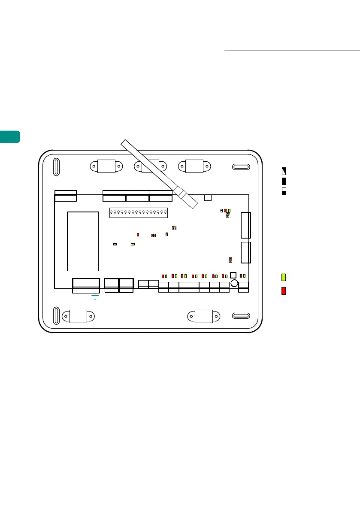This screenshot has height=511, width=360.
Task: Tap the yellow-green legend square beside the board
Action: (284, 277)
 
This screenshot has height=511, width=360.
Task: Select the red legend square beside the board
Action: (284, 291)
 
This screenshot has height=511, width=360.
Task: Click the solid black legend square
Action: (284, 181)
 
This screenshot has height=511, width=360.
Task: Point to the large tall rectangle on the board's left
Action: (83, 241)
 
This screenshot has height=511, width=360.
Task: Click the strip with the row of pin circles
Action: (138, 213)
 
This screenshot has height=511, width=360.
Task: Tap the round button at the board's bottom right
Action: (234, 284)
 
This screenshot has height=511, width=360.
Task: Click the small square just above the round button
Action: (233, 275)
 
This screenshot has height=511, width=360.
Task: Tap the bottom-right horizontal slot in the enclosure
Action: (240, 316)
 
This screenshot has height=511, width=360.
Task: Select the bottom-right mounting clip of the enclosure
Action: (203, 316)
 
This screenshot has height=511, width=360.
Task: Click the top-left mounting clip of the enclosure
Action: (106, 166)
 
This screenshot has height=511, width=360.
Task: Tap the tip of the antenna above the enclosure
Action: (124, 142)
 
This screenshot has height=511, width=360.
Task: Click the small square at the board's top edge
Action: (208, 197)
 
